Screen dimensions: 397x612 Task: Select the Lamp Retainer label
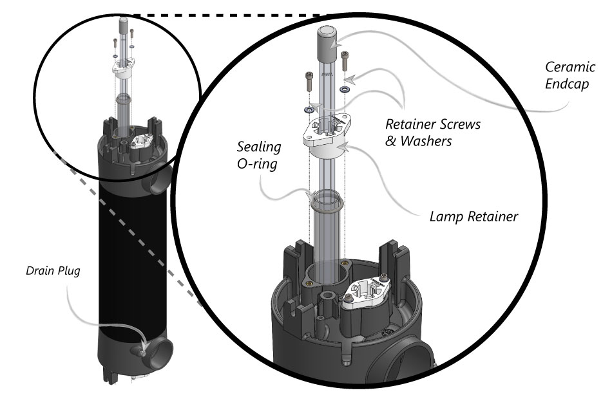pyautogui.click(x=473, y=217)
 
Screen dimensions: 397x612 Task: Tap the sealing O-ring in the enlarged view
pyautogui.click(x=327, y=200)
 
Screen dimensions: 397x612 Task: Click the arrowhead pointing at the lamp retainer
pyautogui.click(x=346, y=148)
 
